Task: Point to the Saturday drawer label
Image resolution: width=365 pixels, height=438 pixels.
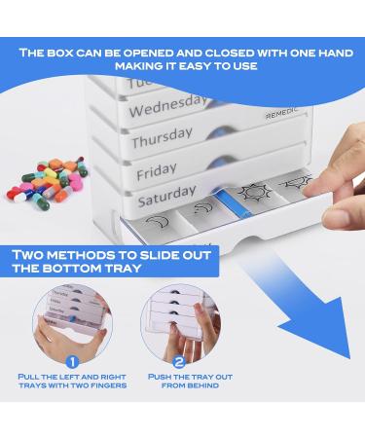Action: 166,201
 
